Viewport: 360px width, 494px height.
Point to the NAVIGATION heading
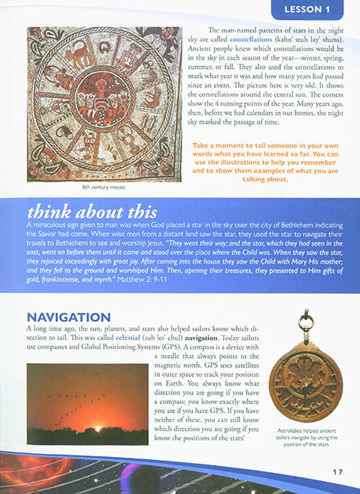69,317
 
